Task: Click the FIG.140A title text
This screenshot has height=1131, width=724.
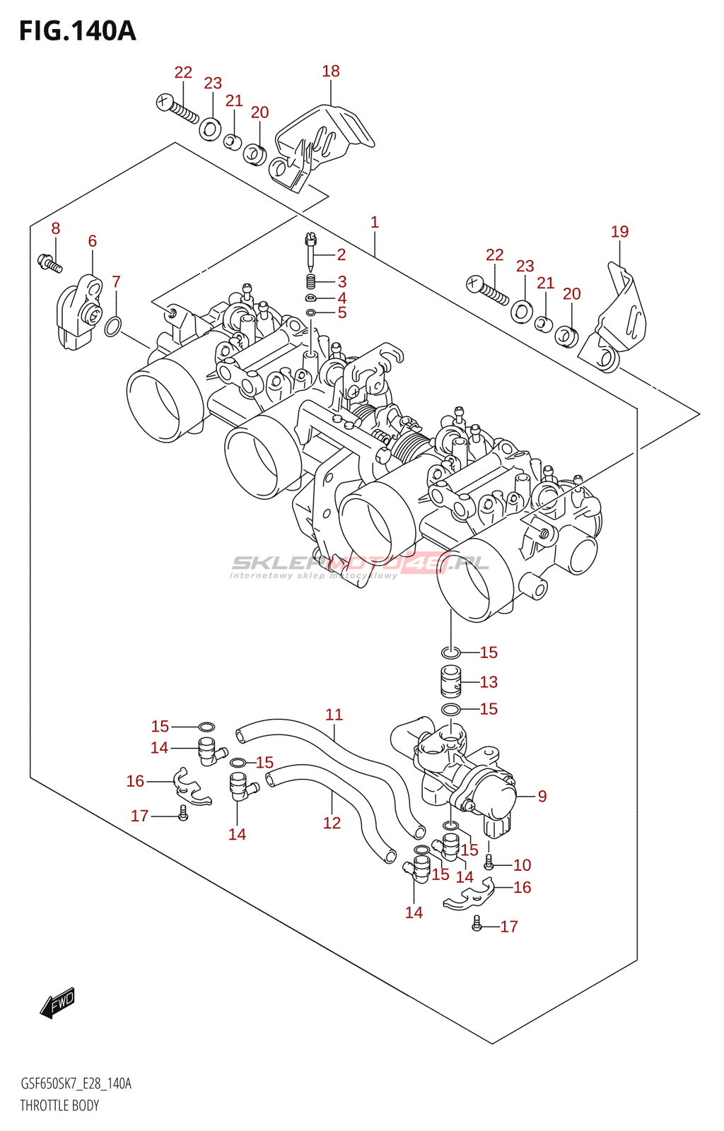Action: click(x=77, y=31)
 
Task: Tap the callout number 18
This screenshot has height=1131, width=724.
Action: click(x=331, y=71)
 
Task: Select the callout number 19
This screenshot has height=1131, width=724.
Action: click(x=619, y=232)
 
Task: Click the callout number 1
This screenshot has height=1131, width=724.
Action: click(x=375, y=222)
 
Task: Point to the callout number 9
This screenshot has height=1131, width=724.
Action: click(x=542, y=797)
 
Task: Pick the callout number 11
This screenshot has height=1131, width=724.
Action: click(x=334, y=715)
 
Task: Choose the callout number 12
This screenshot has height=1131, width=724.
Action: click(x=332, y=823)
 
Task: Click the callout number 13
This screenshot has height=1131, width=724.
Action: click(x=489, y=682)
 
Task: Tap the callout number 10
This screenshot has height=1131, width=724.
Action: click(x=522, y=865)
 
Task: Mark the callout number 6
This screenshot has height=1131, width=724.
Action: click(x=93, y=242)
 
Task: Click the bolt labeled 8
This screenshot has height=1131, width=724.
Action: click(x=49, y=264)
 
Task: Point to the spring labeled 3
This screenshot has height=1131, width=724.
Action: click(x=310, y=283)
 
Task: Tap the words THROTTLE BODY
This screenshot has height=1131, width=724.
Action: click(x=59, y=1106)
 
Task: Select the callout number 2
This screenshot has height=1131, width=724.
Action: click(x=341, y=255)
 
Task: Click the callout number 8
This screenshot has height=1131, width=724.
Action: click(x=55, y=228)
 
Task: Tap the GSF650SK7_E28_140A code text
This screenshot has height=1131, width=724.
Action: click(x=76, y=1084)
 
